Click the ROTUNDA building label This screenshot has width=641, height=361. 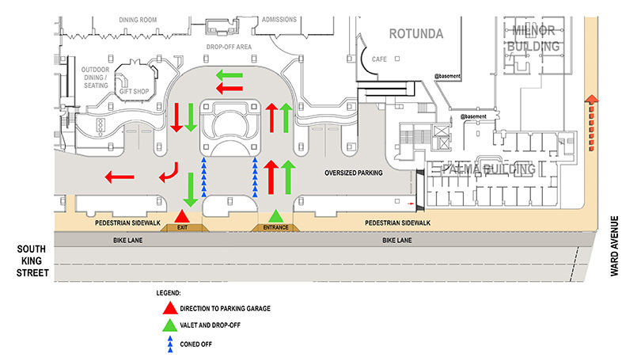tap(415, 33)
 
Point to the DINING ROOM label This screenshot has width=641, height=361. tap(138, 18)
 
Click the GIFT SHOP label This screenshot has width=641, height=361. tap(135, 91)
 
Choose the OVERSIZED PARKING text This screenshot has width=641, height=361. tap(353, 173)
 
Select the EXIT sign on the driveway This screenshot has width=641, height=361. tap(183, 227)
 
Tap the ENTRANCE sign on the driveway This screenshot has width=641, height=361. tap(275, 227)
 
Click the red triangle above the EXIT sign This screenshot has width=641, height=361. tap(183, 216)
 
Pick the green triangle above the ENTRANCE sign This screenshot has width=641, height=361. tap(275, 216)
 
